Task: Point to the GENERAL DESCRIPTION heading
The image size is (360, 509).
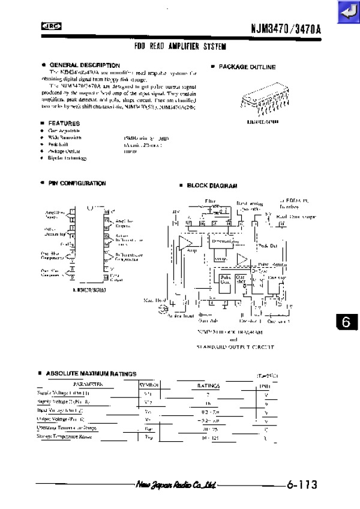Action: coord(84,65)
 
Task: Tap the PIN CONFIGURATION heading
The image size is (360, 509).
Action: coord(77,183)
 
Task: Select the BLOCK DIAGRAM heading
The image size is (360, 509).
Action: coord(212,186)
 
